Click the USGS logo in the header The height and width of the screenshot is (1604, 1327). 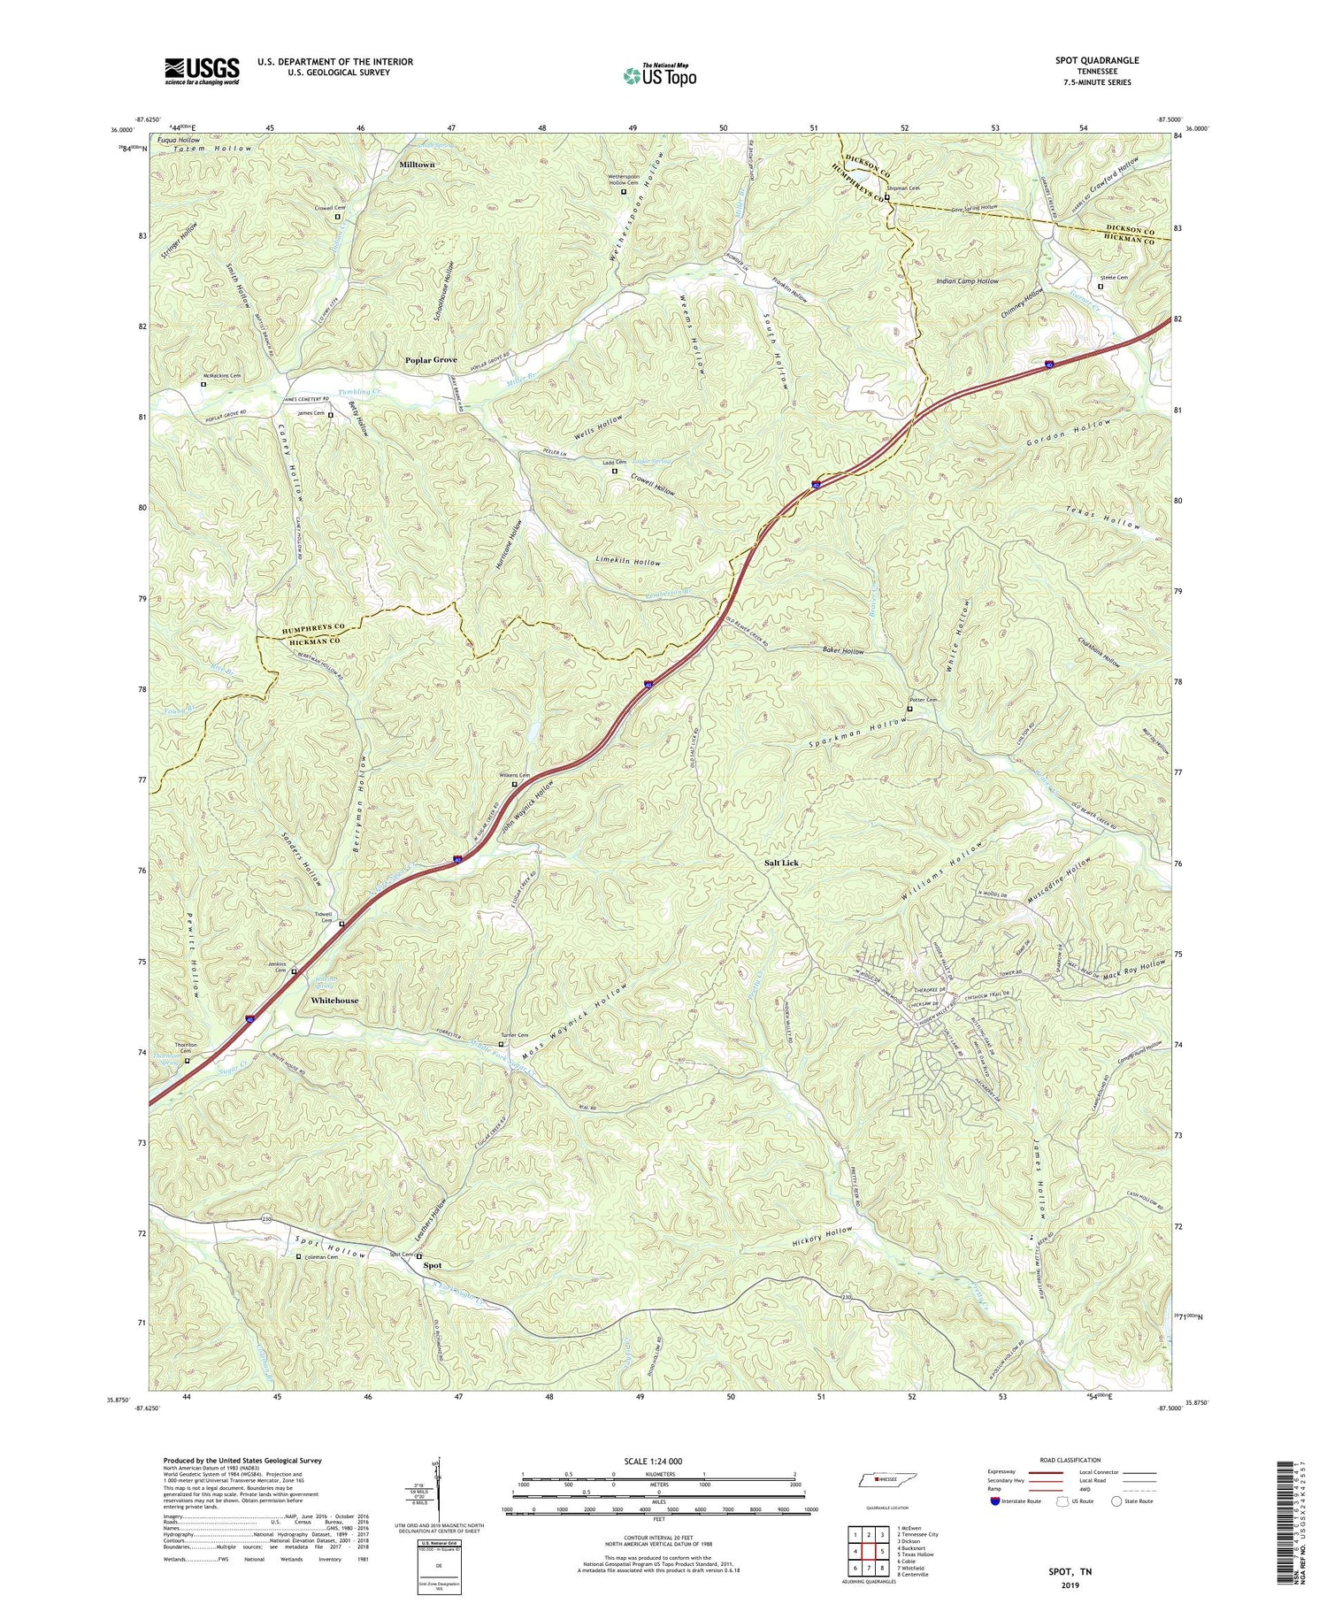[202, 71]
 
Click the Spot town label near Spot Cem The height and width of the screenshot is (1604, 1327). [433, 1265]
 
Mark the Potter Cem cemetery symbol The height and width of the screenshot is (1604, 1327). [909, 709]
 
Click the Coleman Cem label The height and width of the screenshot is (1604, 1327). [321, 1256]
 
